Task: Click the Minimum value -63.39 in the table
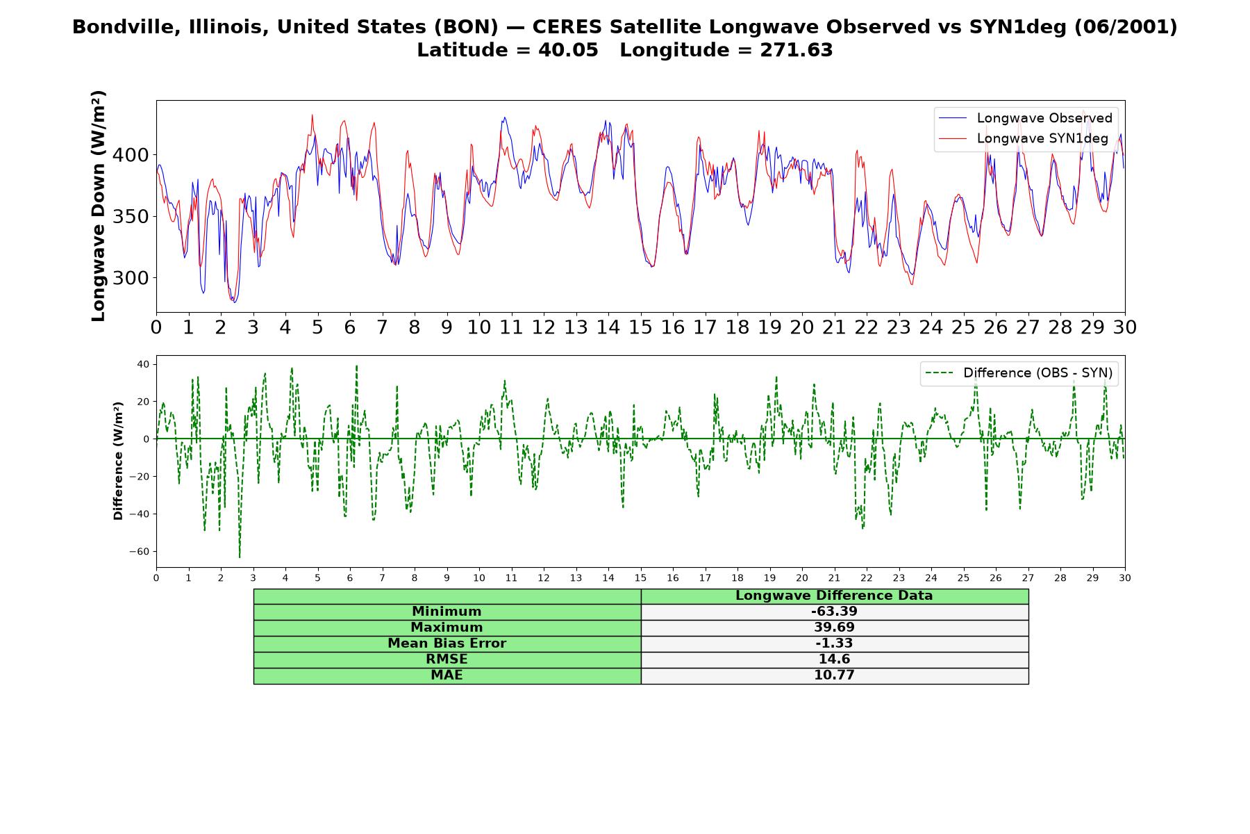834,612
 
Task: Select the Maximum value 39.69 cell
834,628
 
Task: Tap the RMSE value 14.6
834,660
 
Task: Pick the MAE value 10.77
834,676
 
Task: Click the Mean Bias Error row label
447,644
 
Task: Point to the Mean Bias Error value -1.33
834,644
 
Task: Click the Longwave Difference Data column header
834,596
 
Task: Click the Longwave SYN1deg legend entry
1023,138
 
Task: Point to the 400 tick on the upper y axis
131,155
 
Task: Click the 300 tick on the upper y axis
131,278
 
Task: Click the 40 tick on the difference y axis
143,364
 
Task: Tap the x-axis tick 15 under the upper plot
640,327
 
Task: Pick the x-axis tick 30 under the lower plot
1125,578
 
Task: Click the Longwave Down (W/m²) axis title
98,206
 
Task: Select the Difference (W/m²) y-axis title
118,461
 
